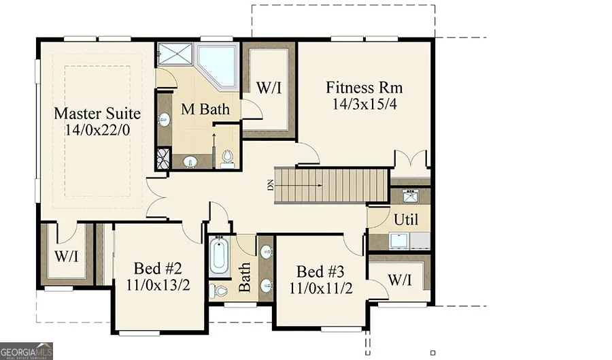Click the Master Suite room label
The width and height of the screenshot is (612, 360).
click(97, 113)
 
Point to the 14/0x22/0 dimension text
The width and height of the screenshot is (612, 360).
click(97, 129)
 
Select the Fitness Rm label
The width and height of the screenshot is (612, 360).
click(364, 88)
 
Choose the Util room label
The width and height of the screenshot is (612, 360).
click(406, 220)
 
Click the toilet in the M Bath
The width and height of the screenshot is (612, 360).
click(227, 157)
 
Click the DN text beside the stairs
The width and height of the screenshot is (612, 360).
click(269, 185)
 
